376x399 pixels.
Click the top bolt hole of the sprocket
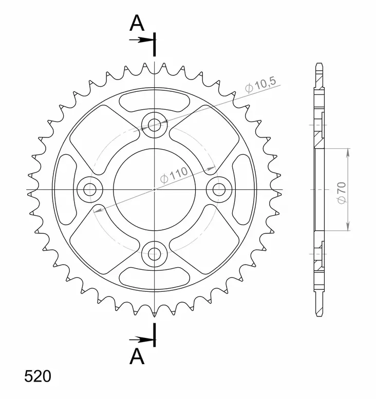[x=155, y=125]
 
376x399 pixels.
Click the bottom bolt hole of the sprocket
[x=155, y=253]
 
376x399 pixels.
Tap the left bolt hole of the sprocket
[x=90, y=189]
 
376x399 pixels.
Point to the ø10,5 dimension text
[x=260, y=85]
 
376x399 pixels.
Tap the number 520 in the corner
[x=37, y=377]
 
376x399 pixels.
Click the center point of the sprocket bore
[x=155, y=189]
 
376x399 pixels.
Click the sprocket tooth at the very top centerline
[x=155, y=66]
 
